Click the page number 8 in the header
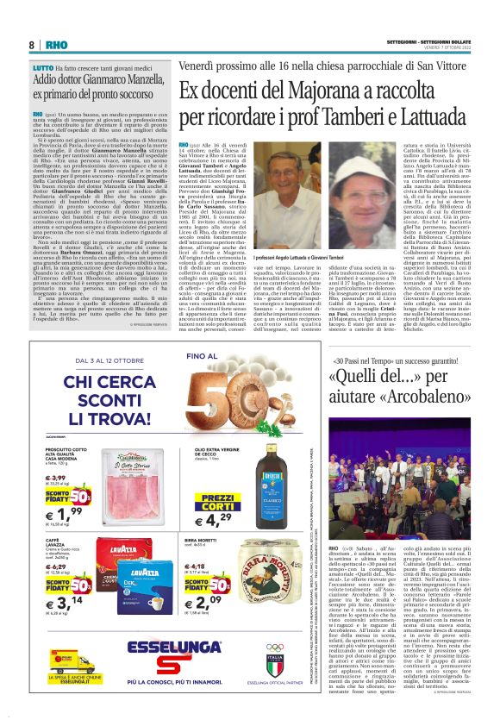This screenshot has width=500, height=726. (x=31, y=45)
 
